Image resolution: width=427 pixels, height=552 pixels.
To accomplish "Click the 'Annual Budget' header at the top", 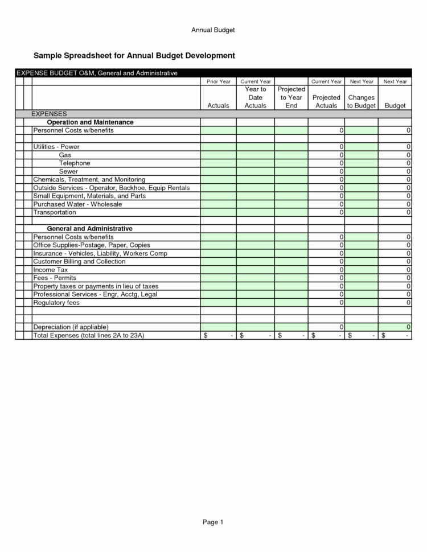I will (213, 29).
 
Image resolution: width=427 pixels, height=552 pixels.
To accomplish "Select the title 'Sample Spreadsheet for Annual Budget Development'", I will (134, 56).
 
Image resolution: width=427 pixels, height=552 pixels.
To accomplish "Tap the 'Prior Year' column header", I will (218, 82).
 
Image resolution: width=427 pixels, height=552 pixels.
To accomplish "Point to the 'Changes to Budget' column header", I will (361, 101).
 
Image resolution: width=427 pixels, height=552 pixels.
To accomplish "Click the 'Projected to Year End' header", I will (291, 97).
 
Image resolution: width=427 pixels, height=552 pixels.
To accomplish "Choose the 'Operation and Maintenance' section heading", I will (90, 122).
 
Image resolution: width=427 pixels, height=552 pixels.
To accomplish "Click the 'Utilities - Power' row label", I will (56, 147).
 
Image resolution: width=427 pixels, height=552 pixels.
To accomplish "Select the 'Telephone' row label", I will (75, 163).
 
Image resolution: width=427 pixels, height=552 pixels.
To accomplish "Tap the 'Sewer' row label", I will (68, 171).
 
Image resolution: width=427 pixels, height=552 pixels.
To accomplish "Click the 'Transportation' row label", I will (55, 212).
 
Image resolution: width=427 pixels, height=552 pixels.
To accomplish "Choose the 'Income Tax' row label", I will (51, 270).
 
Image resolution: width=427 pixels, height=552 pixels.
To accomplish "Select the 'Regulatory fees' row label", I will (56, 303).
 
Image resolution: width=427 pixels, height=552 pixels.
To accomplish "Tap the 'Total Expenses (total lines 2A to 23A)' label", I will (89, 336).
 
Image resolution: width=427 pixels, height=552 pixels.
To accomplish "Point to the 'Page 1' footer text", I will (213, 522).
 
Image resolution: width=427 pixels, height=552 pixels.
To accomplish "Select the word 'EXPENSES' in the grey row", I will (49, 114).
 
